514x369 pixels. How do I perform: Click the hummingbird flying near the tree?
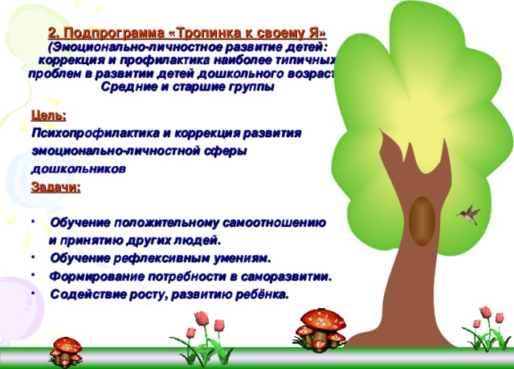point(467,213)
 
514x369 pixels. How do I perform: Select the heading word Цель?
point(48,116)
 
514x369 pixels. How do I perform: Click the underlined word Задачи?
point(55,188)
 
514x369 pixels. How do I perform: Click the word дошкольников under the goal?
point(77,169)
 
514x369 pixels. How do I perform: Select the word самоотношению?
point(277,222)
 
